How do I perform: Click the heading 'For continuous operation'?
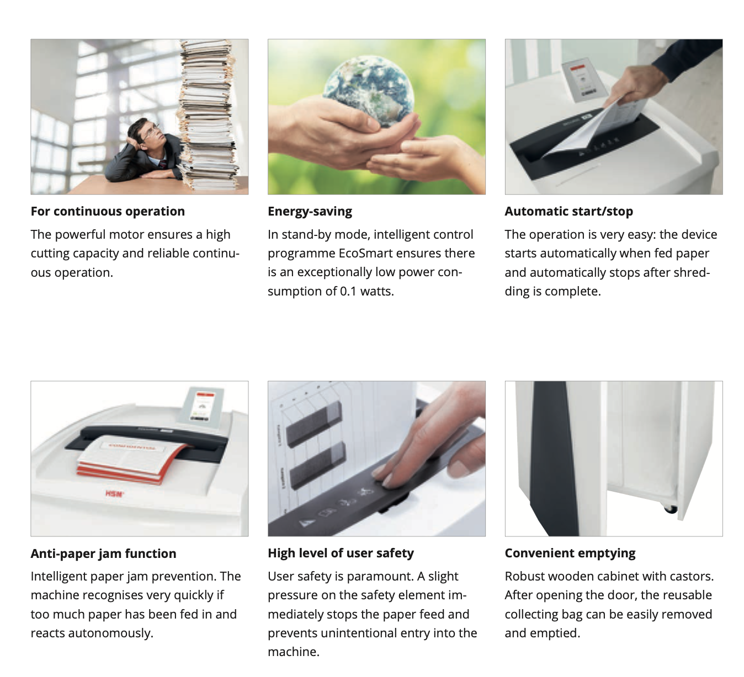[x=108, y=211]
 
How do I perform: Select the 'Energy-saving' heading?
[x=310, y=212]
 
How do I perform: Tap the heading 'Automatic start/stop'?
[x=568, y=211]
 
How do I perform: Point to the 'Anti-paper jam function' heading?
[x=103, y=554]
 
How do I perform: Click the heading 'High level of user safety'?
[x=341, y=553]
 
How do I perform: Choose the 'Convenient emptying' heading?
[x=570, y=554]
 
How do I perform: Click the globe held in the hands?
[x=369, y=91]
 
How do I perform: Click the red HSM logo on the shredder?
[x=114, y=493]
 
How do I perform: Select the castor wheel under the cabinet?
[x=670, y=509]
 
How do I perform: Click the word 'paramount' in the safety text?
[x=381, y=576]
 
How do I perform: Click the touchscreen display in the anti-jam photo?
[x=201, y=405]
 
